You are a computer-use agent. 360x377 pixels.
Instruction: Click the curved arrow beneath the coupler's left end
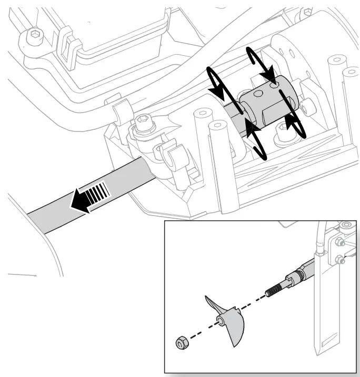point(257,140)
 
